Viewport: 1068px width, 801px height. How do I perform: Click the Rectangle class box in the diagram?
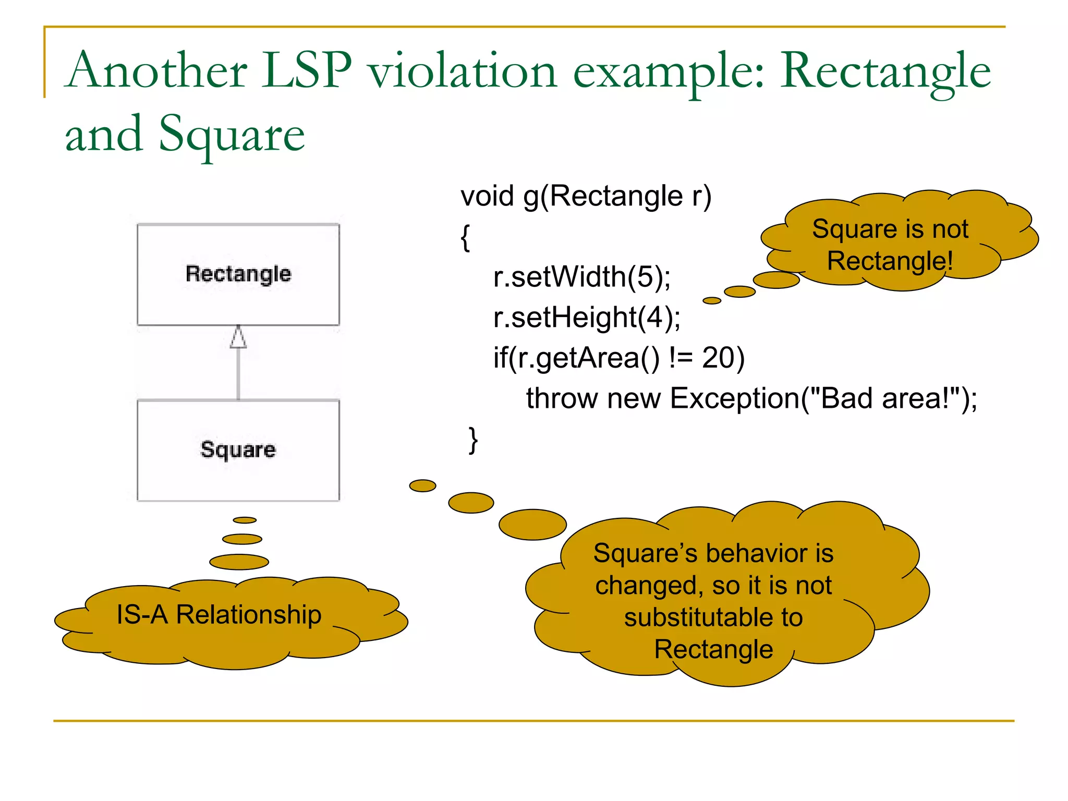pos(238,274)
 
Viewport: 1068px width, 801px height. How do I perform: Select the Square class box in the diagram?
pos(238,450)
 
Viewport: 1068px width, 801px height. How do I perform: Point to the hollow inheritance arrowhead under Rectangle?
pos(238,337)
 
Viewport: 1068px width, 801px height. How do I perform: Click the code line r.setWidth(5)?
pos(581,276)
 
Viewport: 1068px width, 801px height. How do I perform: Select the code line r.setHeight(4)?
pos(587,317)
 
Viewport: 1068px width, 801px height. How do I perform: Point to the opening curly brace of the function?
pos(465,237)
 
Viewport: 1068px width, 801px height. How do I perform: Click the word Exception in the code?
pos(735,398)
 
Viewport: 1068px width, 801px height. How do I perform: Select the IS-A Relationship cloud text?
pos(219,614)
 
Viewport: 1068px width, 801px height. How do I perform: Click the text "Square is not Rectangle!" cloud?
pos(890,245)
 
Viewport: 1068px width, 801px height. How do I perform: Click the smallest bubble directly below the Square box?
pos(245,520)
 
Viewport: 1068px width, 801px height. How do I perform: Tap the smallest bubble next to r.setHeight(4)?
pos(712,300)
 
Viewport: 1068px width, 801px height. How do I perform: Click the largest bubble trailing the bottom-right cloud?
pos(532,524)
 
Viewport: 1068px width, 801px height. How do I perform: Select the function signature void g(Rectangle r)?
pos(586,196)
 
